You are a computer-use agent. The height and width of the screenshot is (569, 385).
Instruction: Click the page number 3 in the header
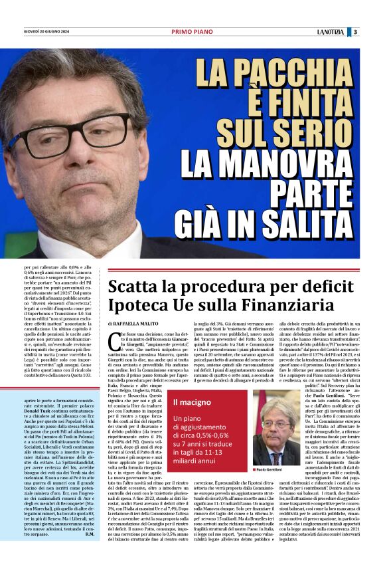click(356, 32)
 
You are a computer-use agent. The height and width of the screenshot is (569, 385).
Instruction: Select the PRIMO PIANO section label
click(192, 32)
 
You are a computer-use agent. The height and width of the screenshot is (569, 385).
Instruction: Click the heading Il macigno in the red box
click(193, 402)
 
